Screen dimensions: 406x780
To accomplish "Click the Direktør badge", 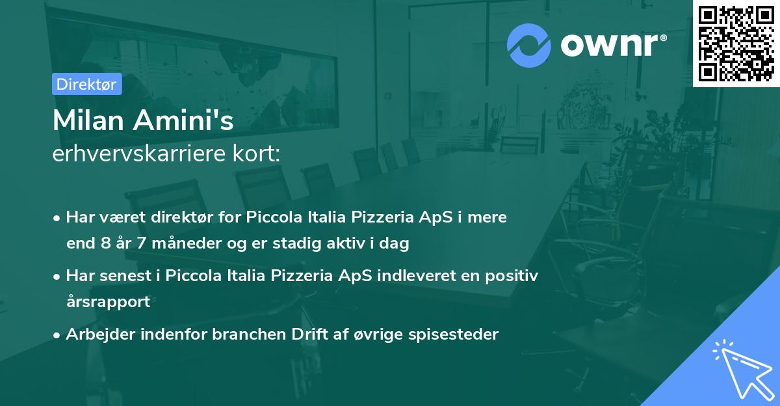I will click(x=86, y=85).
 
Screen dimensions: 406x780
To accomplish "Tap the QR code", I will click(x=736, y=43).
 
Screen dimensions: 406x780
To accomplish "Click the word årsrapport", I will click(x=108, y=302).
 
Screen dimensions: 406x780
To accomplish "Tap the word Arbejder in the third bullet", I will click(x=96, y=334).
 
